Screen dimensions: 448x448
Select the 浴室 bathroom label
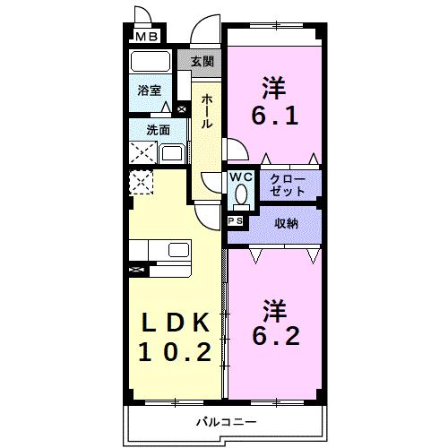[149, 90]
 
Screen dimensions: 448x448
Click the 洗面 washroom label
[158, 130]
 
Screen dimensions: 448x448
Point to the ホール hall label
[206, 110]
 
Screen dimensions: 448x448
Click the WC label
[240, 177]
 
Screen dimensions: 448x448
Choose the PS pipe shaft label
[237, 220]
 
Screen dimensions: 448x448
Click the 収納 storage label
[287, 223]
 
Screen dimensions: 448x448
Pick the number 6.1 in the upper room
[274, 117]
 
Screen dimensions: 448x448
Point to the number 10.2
[176, 351]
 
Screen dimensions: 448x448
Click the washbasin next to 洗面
[171, 153]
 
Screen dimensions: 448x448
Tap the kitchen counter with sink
[160, 250]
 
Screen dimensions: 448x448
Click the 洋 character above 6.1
[273, 88]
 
